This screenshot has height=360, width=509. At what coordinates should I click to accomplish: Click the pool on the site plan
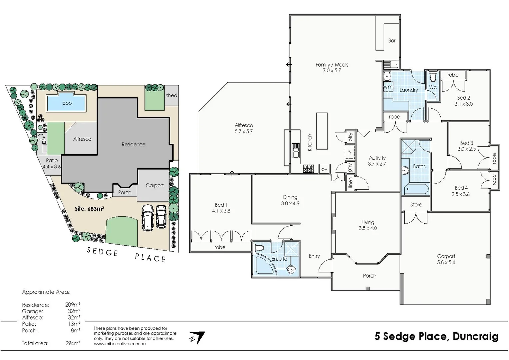[x=66, y=103]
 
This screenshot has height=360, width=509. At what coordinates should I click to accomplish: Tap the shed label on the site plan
[x=171, y=95]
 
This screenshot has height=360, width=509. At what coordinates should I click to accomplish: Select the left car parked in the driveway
[x=147, y=217]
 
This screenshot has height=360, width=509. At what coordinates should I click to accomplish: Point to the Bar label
[x=392, y=41]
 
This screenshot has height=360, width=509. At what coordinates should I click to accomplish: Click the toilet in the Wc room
[x=433, y=77]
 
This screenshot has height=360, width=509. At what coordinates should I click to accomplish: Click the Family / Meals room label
[x=332, y=65]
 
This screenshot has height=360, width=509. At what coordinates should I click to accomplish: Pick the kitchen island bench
[x=322, y=131]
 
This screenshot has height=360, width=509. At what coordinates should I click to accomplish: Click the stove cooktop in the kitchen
[x=308, y=169]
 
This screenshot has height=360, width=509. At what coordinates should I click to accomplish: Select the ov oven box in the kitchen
[x=324, y=169]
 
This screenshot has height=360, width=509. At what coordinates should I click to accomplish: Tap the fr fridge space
[x=350, y=153]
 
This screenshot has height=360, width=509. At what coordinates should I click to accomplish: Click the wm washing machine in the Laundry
[x=388, y=87]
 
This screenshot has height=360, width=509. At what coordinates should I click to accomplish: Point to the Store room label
[x=416, y=205]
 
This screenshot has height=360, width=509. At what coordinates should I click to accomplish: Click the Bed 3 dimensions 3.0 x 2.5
[x=466, y=149]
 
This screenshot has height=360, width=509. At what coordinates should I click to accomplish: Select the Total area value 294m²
[x=72, y=343]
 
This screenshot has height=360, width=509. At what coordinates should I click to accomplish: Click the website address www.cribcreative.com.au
[x=120, y=343]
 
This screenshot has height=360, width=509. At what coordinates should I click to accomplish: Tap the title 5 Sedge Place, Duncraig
[x=436, y=336]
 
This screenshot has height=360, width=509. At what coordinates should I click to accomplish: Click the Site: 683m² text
[x=89, y=209]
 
